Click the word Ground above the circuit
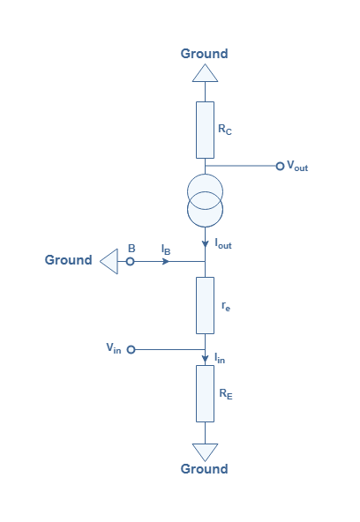[204, 54]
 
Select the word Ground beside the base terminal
[68, 260]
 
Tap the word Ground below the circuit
[204, 469]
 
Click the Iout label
[223, 243]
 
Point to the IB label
[166, 250]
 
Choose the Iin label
[220, 358]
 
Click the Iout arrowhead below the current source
[205, 244]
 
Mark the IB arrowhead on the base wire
[166, 262]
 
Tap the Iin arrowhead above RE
[205, 360]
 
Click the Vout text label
[297, 166]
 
